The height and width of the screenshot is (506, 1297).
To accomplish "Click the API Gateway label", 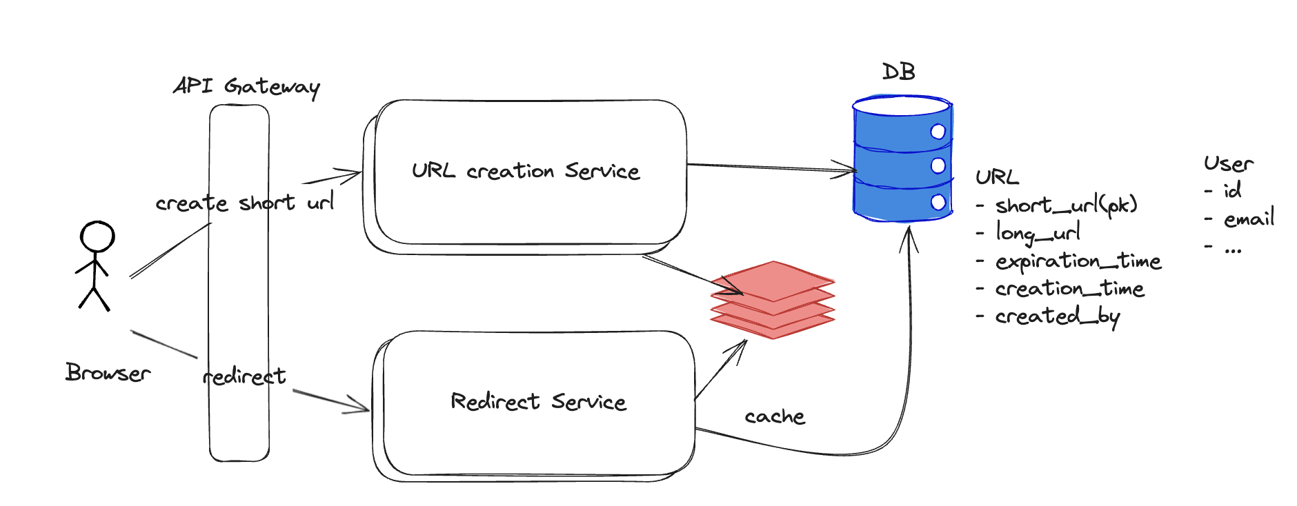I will (x=246, y=86).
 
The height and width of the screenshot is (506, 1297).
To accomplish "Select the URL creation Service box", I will (x=526, y=172).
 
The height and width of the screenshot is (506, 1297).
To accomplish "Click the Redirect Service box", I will (x=538, y=403).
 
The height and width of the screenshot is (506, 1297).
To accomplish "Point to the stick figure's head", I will (x=97, y=236).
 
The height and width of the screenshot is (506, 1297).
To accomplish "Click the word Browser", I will (x=108, y=373).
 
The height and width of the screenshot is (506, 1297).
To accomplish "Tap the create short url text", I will (x=245, y=203).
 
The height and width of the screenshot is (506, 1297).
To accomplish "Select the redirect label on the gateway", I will (x=244, y=376).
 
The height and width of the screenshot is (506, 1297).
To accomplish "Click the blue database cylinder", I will (x=902, y=159).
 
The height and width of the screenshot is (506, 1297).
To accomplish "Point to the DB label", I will (x=899, y=72).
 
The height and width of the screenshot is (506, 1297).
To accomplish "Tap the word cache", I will (x=775, y=416).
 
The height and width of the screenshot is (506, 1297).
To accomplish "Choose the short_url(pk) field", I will (x=1066, y=205).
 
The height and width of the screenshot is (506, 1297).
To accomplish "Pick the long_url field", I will (x=1038, y=233).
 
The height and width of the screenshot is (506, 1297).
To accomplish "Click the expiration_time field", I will (x=1078, y=261).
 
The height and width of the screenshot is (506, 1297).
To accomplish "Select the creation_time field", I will (x=1069, y=289).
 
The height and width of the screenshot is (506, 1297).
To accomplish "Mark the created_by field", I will (x=1057, y=316).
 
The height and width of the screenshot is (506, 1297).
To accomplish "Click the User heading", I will (x=1229, y=164).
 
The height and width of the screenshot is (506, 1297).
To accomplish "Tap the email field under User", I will (x=1249, y=219).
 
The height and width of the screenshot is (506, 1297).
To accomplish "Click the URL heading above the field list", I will (x=997, y=177).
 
